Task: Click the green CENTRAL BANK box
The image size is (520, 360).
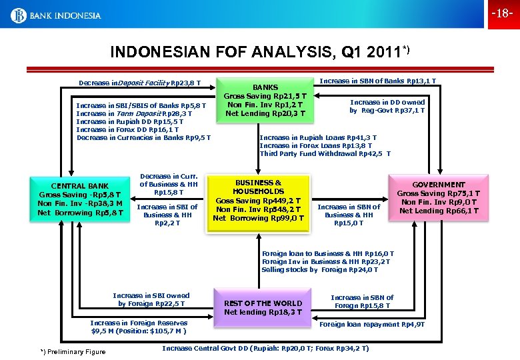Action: pyautogui.click(x=80, y=199)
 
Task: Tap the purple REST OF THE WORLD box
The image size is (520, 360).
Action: pyautogui.click(x=263, y=307)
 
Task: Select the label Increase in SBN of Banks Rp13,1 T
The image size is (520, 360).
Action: pyautogui.click(x=378, y=81)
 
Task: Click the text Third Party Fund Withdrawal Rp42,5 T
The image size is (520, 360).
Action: pyautogui.click(x=325, y=153)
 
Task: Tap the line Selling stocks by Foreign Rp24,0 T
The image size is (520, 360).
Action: pyautogui.click(x=320, y=269)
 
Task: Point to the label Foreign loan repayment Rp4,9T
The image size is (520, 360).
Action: pyautogui.click(x=373, y=325)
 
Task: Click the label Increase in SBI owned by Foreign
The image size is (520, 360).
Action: pyautogui.click(x=151, y=299)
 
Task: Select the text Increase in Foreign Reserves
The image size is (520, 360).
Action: pyautogui.click(x=139, y=323)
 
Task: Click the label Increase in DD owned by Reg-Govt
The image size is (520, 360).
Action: pyautogui.click(x=387, y=106)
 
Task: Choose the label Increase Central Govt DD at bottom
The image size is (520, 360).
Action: pyautogui.click(x=265, y=348)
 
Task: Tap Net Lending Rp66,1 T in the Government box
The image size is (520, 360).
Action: pyautogui.click(x=439, y=211)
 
